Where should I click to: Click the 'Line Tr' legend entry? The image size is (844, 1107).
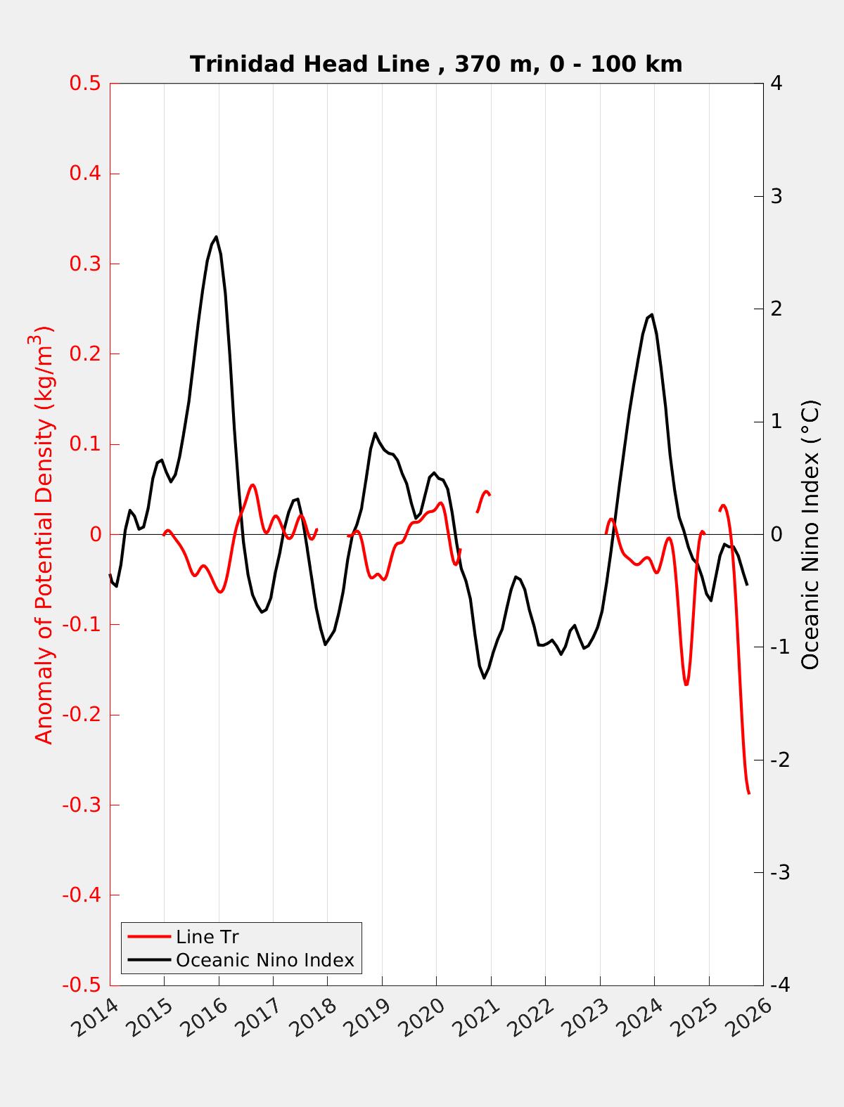(x=207, y=936)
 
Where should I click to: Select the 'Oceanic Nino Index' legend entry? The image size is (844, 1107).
(x=264, y=959)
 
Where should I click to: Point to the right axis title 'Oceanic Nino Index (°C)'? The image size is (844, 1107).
(x=811, y=534)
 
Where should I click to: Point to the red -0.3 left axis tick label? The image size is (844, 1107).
(x=82, y=805)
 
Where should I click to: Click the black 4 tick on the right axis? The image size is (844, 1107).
(x=776, y=83)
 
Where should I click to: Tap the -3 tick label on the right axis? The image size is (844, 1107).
(x=779, y=872)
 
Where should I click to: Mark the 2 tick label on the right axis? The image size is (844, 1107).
(x=776, y=309)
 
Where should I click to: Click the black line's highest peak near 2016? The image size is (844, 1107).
(x=216, y=236)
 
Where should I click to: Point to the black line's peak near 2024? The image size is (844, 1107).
(x=652, y=314)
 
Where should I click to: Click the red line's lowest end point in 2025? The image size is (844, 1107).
(x=749, y=794)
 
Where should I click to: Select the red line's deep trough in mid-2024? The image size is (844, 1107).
(x=686, y=684)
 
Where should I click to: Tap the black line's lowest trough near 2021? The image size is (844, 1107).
(x=484, y=678)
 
